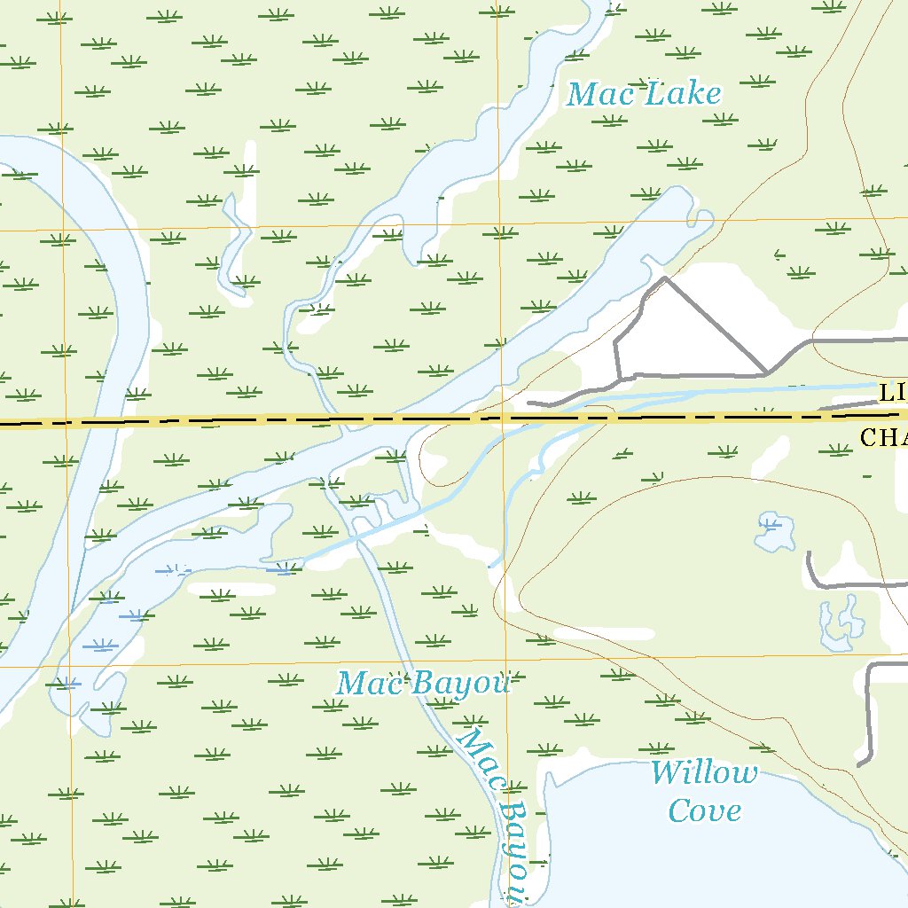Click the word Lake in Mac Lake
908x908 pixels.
[682, 93]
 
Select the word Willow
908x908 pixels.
[704, 772]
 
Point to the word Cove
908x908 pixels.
[704, 810]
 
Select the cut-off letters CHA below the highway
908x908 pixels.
[882, 436]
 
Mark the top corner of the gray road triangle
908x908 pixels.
[666, 278]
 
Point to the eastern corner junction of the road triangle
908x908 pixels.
[766, 373]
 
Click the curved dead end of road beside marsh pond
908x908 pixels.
[810, 555]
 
